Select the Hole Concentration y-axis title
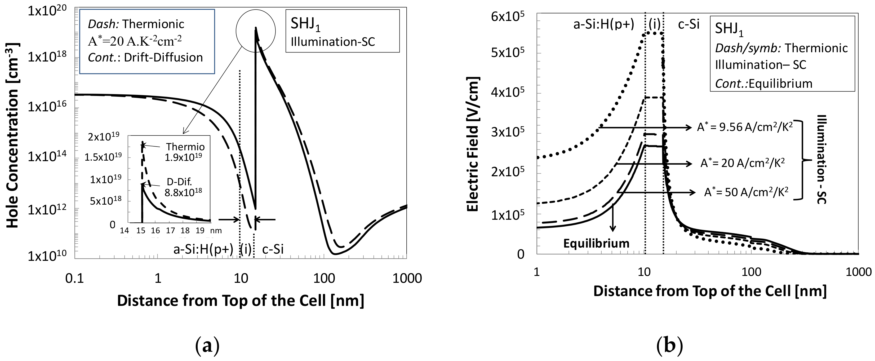tap(12, 135)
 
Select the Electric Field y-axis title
tap(473, 144)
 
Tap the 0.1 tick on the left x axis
tap(74, 278)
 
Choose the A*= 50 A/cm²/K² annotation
tap(746, 192)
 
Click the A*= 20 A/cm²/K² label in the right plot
tap(742, 164)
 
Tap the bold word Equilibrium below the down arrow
tap(596, 243)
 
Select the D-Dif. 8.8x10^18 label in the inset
tap(183, 187)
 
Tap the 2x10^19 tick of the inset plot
tap(104, 137)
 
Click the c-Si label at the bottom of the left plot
tap(273, 249)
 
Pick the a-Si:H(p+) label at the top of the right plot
tap(604, 24)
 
